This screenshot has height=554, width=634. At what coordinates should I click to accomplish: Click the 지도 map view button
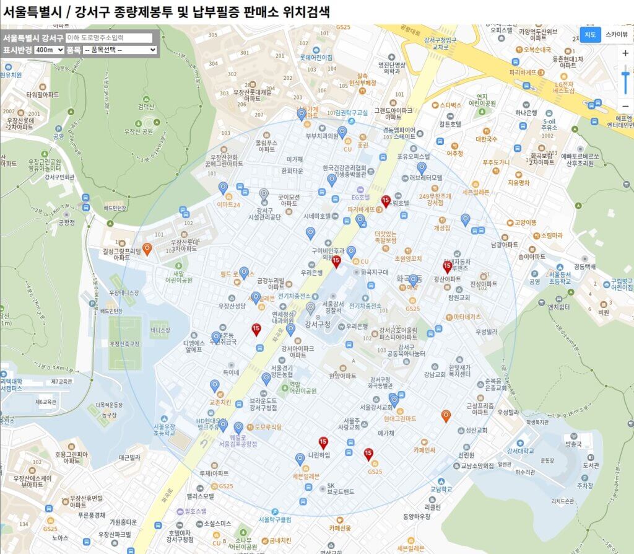590,35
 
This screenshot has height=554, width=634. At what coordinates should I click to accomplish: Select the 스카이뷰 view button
617,35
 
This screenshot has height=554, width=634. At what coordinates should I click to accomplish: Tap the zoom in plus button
625,53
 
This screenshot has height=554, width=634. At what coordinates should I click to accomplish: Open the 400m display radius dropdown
50,50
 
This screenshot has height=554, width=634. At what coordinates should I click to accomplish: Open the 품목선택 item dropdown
119,50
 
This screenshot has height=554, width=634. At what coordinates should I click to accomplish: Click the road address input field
108,38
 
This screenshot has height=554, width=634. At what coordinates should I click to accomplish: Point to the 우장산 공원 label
139,131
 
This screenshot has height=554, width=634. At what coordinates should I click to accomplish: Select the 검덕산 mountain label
146,107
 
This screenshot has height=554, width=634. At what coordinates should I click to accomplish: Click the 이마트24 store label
228,204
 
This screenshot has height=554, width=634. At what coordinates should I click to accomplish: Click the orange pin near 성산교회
446,416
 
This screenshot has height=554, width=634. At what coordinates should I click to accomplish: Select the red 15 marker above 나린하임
323,442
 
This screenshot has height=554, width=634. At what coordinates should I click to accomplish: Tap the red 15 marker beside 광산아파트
447,266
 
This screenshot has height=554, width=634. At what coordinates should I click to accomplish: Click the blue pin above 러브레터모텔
422,167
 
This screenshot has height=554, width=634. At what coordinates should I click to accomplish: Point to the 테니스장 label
160,330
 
